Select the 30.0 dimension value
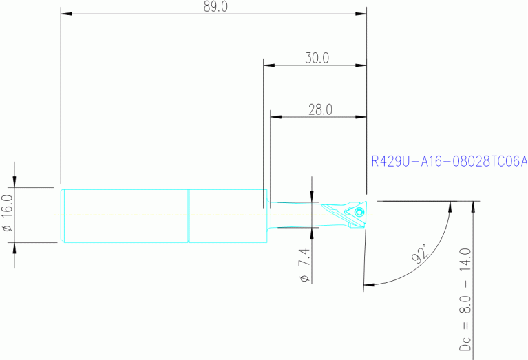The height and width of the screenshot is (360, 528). click(317, 59)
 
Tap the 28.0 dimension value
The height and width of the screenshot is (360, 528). click(319, 109)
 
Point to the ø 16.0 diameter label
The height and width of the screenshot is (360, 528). click(8, 213)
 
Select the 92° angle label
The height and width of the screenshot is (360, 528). click(419, 254)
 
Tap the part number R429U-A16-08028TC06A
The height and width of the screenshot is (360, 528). click(449, 162)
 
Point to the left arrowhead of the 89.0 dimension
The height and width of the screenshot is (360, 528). click(66, 14)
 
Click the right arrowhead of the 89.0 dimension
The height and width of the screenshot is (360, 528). click(361, 14)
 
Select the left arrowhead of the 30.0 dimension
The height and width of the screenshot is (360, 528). click(269, 65)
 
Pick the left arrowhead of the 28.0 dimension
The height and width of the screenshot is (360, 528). click(275, 116)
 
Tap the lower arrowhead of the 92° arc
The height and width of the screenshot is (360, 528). click(368, 284)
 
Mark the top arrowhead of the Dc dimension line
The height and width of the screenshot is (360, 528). click(474, 206)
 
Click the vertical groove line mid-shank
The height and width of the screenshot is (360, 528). click(189, 215)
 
